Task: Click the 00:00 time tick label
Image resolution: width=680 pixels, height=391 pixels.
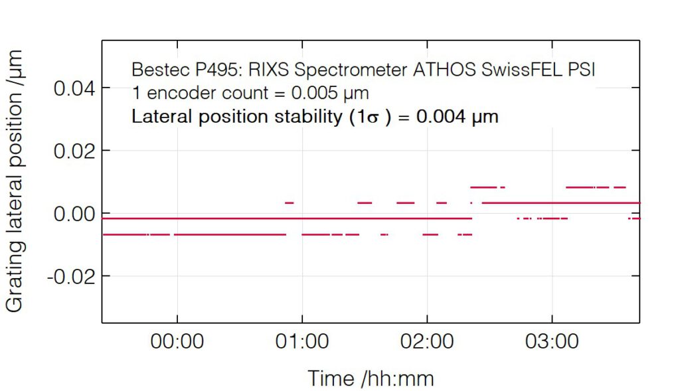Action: pyautogui.click(x=177, y=343)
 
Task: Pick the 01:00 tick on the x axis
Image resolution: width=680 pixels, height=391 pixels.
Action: pyautogui.click(x=301, y=343)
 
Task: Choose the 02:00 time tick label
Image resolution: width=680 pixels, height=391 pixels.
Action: pyautogui.click(x=426, y=343)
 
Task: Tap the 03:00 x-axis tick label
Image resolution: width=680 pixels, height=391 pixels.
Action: pyautogui.click(x=551, y=343)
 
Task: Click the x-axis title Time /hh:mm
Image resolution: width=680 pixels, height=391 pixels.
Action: pyautogui.click(x=371, y=378)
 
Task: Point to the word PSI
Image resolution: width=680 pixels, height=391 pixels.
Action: pyautogui.click(x=580, y=70)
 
